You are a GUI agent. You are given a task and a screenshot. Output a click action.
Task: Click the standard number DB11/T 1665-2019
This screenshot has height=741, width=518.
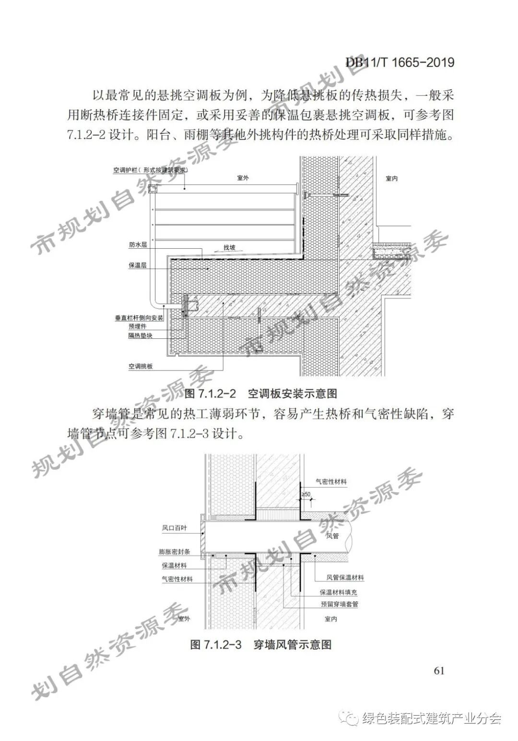click(x=400, y=62)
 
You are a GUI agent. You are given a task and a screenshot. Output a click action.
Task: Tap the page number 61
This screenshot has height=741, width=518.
click(x=439, y=670)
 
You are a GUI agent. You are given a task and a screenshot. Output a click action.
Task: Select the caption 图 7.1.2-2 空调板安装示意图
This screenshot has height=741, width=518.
click(x=261, y=394)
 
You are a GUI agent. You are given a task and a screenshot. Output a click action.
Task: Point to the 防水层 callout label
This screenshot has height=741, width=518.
click(x=137, y=244)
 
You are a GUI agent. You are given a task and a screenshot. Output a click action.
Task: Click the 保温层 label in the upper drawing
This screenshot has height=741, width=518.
click(x=137, y=265)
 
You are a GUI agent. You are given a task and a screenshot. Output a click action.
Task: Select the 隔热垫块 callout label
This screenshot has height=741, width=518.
click(x=140, y=336)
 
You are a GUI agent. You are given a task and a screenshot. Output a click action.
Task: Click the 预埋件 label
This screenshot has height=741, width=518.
click(x=137, y=326)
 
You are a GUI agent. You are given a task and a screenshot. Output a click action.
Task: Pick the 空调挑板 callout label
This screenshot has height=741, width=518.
click(x=140, y=366)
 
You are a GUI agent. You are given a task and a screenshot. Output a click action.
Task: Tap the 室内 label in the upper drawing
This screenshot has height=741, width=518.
click(x=392, y=178)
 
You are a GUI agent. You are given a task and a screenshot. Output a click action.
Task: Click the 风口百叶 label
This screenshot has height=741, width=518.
click(x=174, y=528)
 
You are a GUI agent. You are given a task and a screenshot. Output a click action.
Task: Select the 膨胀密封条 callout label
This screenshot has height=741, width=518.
click(x=174, y=552)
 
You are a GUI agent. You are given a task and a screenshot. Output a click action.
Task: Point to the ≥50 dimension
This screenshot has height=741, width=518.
click(x=306, y=494)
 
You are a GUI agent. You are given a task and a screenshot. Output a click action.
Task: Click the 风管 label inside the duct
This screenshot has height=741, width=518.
click(x=332, y=535)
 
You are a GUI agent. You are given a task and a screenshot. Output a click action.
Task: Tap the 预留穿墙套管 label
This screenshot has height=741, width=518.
click(x=340, y=604)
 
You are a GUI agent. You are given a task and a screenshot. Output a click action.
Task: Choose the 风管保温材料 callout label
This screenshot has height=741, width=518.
click(x=345, y=578)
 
